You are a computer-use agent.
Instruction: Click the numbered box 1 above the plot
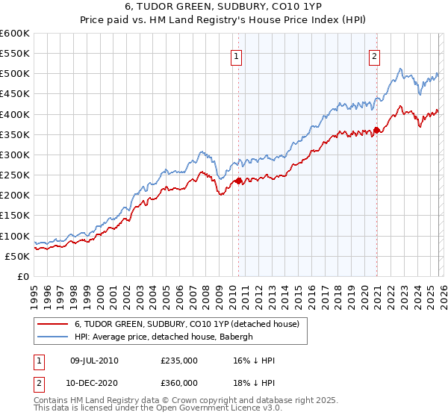click(237, 55)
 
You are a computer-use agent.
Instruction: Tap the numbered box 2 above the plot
click(373, 55)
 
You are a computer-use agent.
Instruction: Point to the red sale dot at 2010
click(238, 181)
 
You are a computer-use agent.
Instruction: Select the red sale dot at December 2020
click(377, 131)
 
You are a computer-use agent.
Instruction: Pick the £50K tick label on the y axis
click(17, 257)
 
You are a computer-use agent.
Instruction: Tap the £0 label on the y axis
click(24, 277)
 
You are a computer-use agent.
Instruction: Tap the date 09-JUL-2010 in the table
click(94, 361)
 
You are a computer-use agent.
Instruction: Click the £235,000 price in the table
click(178, 361)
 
